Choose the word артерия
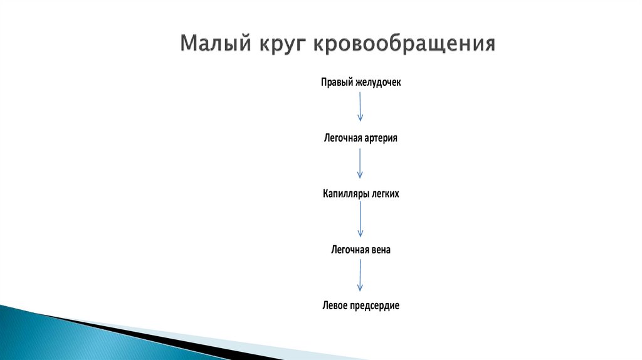pos(380,138)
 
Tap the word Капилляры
pos(344,194)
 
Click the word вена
pos(381,250)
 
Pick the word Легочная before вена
pos(349,250)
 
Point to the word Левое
pos(334,305)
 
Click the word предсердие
pos(374,305)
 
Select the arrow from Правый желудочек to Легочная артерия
pos(360,107)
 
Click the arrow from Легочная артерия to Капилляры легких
pos(360,163)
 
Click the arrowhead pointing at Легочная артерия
pos(360,119)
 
